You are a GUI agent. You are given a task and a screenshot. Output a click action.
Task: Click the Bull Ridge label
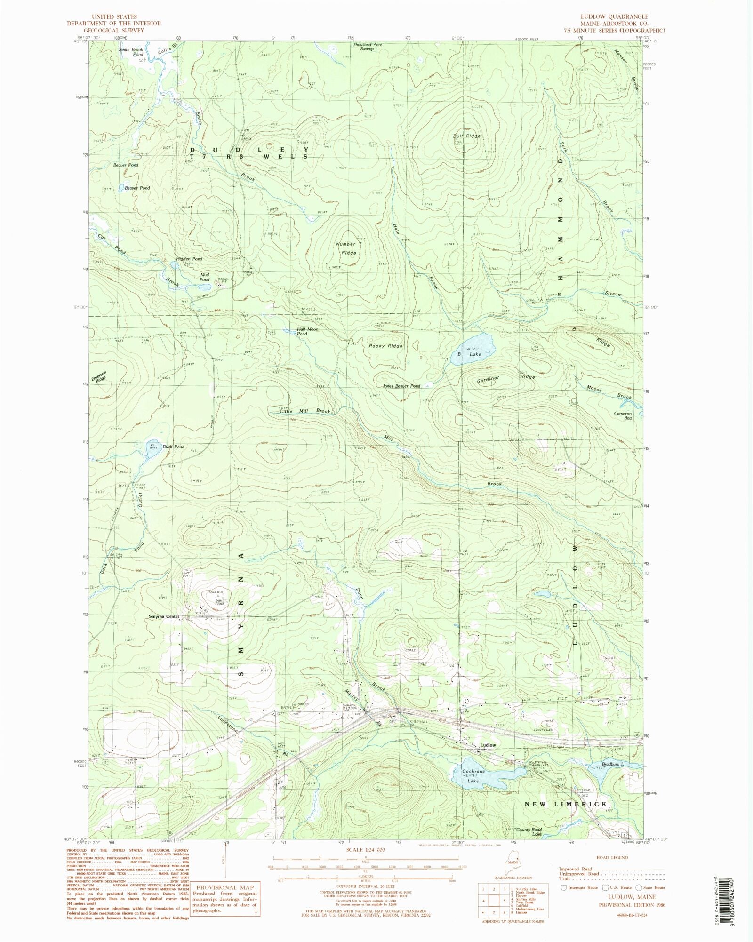point(467,136)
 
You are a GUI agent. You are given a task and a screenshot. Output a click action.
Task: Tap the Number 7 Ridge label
point(349,248)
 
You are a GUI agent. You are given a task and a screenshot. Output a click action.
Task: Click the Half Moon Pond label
point(307,331)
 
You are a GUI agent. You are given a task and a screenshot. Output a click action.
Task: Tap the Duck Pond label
point(173,447)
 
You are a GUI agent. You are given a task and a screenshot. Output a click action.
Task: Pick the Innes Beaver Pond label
point(401,386)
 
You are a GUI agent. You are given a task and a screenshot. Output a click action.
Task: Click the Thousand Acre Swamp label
point(368,46)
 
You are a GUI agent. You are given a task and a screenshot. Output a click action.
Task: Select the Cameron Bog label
point(623,415)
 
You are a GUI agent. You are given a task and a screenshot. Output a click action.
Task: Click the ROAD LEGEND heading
point(611,857)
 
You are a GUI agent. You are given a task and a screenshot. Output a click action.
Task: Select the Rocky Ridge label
point(385,346)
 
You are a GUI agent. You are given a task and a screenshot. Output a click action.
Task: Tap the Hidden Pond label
point(189,259)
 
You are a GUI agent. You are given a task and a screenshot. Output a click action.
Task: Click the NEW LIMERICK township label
point(566,804)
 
